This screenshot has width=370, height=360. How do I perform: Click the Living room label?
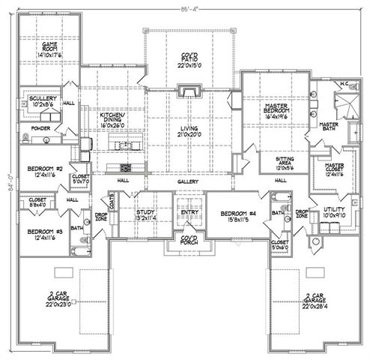[189, 133]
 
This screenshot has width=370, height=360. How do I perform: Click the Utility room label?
[333, 212]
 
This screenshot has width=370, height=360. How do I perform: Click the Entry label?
[188, 214]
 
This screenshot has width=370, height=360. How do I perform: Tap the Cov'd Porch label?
[188, 241]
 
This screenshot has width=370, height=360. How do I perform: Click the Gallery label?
[188, 182]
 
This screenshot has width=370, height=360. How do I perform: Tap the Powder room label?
[40, 128]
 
